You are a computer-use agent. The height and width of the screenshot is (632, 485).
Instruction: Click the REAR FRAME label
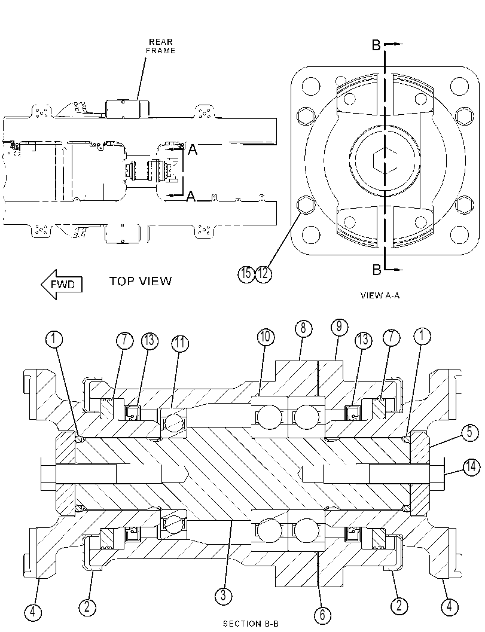160,46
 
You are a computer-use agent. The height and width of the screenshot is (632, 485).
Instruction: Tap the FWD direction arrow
62,285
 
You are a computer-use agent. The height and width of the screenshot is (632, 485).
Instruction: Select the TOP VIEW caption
141,281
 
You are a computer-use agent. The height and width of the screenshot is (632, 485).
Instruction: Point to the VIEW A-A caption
380,295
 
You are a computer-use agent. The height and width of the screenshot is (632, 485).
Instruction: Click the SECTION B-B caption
251,624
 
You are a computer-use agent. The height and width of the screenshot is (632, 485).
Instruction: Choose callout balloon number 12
263,274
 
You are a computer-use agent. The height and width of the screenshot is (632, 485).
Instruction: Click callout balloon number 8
303,329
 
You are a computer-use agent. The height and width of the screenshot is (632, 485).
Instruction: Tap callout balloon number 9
339,327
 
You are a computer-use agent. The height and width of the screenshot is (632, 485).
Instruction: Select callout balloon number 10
266,337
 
